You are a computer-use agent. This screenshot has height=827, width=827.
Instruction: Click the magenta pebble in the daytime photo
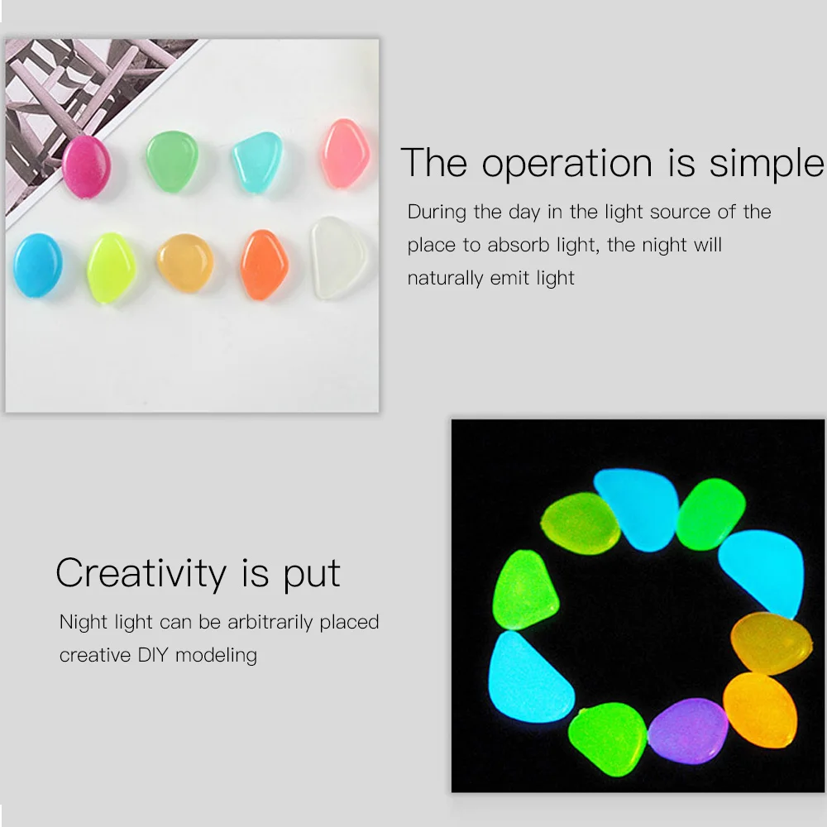[87, 167]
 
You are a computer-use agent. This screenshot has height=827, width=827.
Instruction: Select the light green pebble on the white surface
[172, 161]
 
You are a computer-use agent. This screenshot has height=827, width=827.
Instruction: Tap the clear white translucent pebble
[337, 258]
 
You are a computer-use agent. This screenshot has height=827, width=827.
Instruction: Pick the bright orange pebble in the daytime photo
[265, 265]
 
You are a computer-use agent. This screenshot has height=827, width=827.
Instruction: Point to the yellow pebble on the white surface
[112, 268]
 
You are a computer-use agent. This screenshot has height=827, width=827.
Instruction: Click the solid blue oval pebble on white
[38, 265]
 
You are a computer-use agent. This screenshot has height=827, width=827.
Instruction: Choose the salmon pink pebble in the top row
[346, 154]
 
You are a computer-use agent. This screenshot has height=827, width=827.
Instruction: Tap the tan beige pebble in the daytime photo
[185, 263]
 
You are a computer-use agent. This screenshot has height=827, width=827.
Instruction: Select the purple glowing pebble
[688, 731]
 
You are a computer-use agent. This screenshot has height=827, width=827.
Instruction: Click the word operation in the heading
[567, 164]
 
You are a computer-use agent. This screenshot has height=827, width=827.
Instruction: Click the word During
[437, 212]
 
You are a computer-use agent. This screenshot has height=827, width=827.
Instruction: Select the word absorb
[519, 245]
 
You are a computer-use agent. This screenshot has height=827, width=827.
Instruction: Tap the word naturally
[445, 279]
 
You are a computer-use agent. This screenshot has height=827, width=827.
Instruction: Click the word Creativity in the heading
[141, 574]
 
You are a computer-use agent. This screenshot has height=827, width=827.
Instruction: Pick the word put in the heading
[313, 576]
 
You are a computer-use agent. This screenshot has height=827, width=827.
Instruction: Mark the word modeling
[216, 656]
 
